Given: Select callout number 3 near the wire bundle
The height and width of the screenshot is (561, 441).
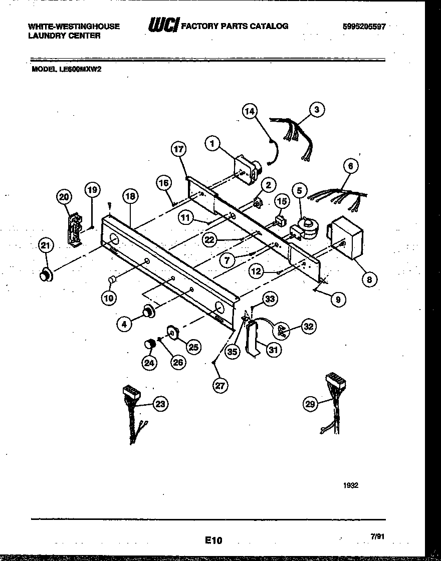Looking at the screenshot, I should point(316,109).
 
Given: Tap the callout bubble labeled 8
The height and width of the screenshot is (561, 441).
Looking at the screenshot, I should point(369,279).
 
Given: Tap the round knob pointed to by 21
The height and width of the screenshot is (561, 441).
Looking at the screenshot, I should point(47,274).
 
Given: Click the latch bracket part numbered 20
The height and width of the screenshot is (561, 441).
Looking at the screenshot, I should point(75,229).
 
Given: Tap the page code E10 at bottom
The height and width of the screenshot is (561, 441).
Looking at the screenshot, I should point(213,540).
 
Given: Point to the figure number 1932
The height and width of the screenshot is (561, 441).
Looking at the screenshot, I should point(351,485).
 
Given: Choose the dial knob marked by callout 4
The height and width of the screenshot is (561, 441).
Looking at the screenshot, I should point(148,311).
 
